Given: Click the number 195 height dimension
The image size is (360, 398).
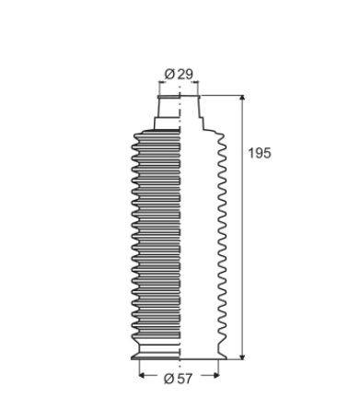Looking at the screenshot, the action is [260, 153].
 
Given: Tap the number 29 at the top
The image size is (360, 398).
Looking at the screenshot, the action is [185, 74].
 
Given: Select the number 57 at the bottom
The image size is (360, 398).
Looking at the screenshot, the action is [185, 379].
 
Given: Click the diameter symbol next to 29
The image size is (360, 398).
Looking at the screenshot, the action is [169, 74].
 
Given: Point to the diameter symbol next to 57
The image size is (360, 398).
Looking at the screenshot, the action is [169, 379].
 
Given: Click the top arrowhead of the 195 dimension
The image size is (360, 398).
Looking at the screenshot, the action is [242, 98].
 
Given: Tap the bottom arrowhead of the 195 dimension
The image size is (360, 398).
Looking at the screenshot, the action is [242, 357].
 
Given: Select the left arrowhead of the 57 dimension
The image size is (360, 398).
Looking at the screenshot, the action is [142, 375].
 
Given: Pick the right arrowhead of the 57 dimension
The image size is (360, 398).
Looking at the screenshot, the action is [216, 375].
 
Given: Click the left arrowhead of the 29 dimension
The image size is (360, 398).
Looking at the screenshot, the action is [161, 82].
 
